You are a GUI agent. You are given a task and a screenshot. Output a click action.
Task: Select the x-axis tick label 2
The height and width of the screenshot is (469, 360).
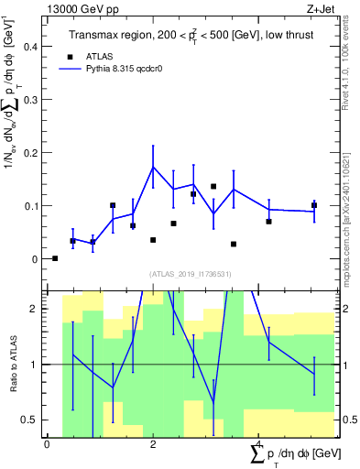click(153, 444)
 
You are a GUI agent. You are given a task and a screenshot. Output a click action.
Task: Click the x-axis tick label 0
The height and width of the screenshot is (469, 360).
click(47, 444)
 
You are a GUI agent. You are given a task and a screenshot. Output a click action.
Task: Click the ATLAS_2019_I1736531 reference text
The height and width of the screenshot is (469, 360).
click(191, 274)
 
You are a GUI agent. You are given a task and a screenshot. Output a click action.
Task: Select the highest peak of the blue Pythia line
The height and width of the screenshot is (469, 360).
click(153, 167)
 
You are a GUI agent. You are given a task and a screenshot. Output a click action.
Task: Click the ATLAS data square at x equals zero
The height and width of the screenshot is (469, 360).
click(55, 258)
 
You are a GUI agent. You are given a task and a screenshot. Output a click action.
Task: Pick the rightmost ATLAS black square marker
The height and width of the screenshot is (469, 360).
click(313, 205)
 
